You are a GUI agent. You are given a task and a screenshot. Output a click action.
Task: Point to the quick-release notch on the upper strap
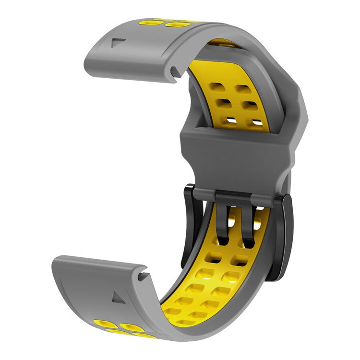[175, 72]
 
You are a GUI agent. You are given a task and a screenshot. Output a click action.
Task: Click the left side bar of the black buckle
[188, 226]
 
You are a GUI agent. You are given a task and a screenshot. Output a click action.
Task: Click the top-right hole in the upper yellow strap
[242, 90]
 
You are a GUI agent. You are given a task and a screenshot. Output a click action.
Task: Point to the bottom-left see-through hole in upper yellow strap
[232, 120]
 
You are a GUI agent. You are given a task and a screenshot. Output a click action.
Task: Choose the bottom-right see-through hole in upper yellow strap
[258, 123]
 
